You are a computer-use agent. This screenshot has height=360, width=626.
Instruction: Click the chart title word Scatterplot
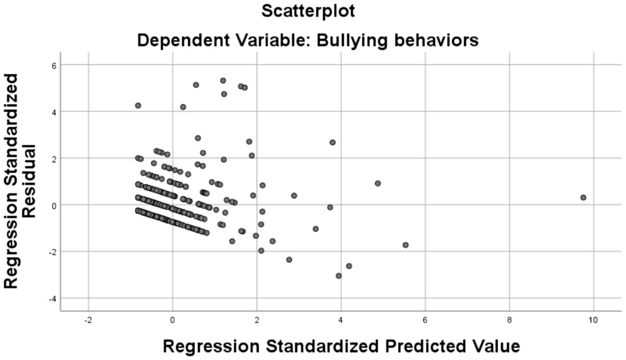[x=308, y=11]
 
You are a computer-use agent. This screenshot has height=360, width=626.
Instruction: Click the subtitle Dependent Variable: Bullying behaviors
[x=308, y=40]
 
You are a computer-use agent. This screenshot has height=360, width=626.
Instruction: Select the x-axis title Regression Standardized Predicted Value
[x=341, y=346]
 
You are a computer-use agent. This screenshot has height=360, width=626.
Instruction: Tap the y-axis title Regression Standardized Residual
[x=19, y=181]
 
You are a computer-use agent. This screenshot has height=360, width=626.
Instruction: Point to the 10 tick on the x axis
[x=593, y=320]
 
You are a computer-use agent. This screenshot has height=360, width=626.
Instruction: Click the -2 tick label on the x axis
[x=88, y=320]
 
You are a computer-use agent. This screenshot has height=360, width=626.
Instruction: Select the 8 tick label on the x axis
[x=509, y=320]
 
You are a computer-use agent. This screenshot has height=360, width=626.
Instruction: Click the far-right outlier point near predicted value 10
[x=583, y=197]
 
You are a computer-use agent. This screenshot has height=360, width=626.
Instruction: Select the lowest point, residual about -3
[x=339, y=276]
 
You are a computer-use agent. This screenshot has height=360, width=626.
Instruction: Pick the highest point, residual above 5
[x=223, y=80]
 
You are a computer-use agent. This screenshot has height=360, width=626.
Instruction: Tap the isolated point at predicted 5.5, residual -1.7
[x=405, y=245]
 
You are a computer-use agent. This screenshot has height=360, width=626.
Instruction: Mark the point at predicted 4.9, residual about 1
[x=377, y=183]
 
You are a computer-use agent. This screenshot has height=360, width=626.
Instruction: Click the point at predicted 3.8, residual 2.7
[x=332, y=142]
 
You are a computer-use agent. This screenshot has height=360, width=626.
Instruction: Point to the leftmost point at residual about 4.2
[x=138, y=106]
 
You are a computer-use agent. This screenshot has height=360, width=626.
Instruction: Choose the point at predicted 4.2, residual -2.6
[x=349, y=266]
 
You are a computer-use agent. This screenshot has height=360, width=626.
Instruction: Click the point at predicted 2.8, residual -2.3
[x=289, y=259]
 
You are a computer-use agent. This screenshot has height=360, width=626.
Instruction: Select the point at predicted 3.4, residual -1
[x=315, y=229]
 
